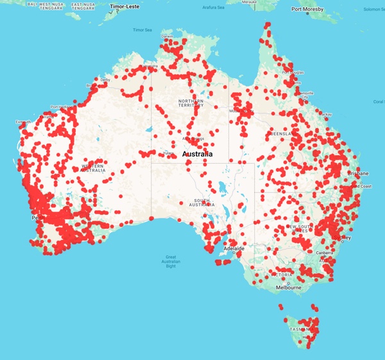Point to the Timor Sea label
pyautogui.click(x=142, y=30)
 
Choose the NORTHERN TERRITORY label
pyautogui.click(x=191, y=105)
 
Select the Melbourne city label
pyautogui.click(x=288, y=287)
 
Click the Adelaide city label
pyautogui.click(x=233, y=248)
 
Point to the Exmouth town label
pyautogui.click(x=23, y=121)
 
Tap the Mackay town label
pyautogui.click(x=343, y=114)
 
